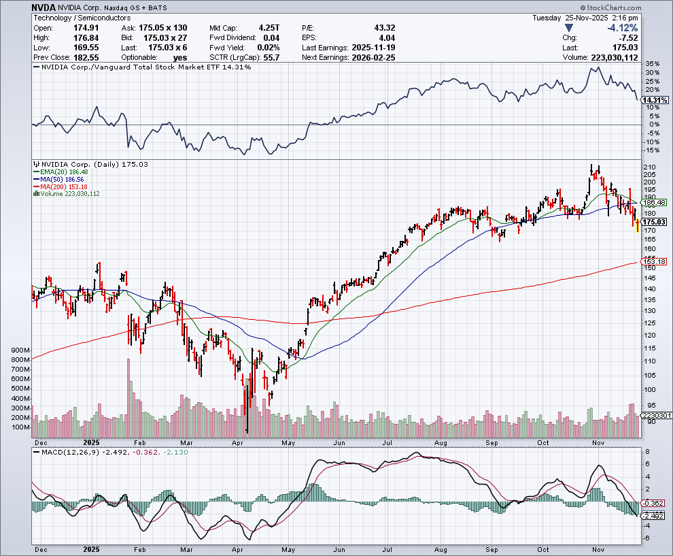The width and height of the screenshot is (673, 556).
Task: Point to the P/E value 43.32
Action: click(385, 28)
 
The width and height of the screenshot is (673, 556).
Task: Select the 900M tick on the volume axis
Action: click(20, 350)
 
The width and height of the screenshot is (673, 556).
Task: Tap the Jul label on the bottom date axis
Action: click(386, 548)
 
